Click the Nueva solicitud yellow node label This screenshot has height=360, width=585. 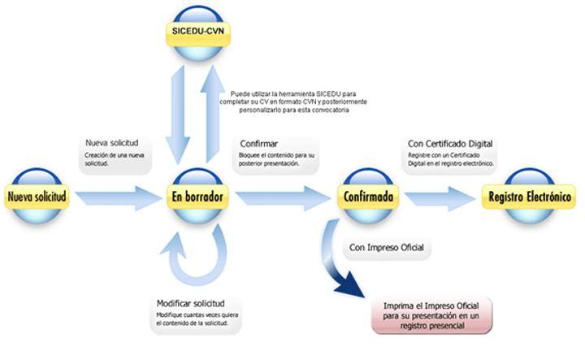click(x=37, y=196)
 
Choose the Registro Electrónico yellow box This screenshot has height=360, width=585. click(x=528, y=197)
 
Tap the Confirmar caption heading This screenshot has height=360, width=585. click(x=260, y=145)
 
